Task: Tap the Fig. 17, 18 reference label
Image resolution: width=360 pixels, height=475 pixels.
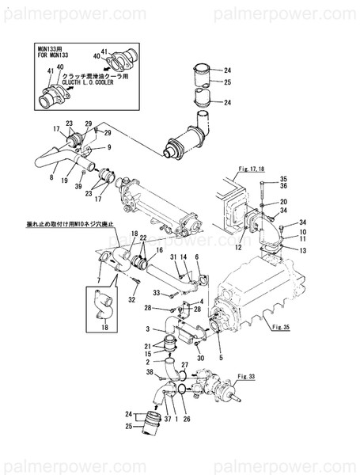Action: click(251, 169)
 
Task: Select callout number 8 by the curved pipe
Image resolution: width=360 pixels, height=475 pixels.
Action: click(51, 179)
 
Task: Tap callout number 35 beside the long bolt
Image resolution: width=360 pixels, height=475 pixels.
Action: click(283, 180)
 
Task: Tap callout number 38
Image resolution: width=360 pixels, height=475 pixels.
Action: click(150, 371)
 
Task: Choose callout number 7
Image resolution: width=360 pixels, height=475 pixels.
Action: click(97, 281)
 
